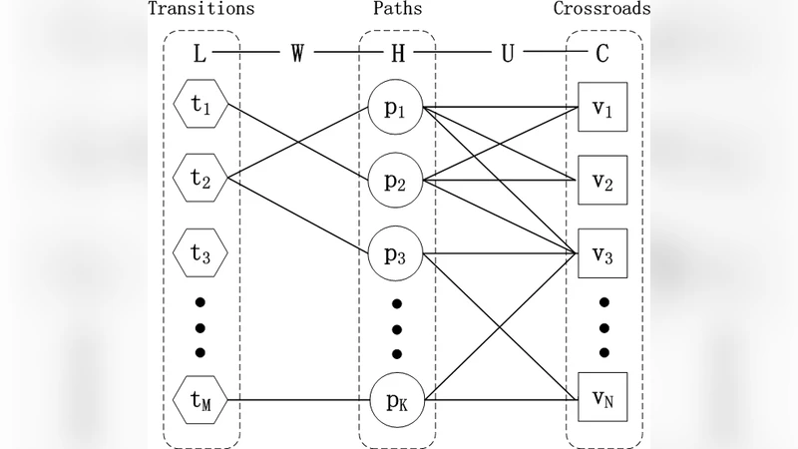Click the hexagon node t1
tap(200, 105)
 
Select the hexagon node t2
tap(200, 179)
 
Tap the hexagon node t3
tap(200, 253)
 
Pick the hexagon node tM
tap(200, 402)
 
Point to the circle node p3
tap(397, 253)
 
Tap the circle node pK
tap(397, 402)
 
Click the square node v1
tap(601, 105)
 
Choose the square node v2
tap(601, 180)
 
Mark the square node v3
tap(601, 253)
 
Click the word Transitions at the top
tap(200, 10)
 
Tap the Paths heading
tap(397, 10)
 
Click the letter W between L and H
tap(297, 54)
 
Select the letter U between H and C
tap(507, 54)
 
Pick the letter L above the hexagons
tap(199, 54)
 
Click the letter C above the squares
tap(602, 54)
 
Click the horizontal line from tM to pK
tap(299, 402)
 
